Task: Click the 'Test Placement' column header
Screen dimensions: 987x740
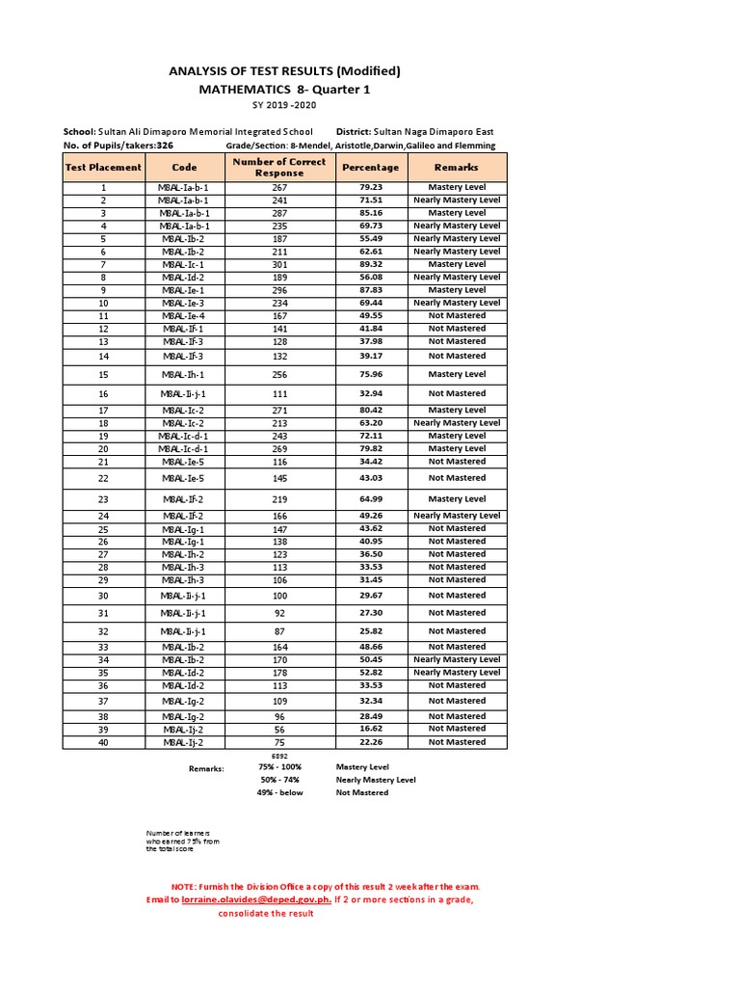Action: [102, 168]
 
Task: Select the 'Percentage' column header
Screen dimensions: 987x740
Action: [371, 168]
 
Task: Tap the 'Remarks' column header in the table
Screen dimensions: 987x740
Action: [457, 168]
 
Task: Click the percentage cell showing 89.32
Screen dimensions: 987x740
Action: [371, 264]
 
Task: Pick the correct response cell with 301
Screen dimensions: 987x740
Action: [279, 264]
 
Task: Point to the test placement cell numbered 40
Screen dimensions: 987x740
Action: [102, 742]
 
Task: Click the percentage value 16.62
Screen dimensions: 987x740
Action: [371, 730]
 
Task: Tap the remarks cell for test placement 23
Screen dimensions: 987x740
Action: [457, 499]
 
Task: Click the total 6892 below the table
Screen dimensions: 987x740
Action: [279, 757]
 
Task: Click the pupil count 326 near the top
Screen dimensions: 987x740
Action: [165, 146]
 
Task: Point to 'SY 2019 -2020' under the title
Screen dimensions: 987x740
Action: [284, 105]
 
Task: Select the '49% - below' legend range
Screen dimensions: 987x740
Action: [279, 792]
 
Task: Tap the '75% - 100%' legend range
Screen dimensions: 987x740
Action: [279, 767]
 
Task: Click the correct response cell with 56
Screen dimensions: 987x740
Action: [279, 730]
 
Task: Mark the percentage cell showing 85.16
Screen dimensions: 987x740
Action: [371, 213]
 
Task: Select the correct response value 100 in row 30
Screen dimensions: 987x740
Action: [279, 596]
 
